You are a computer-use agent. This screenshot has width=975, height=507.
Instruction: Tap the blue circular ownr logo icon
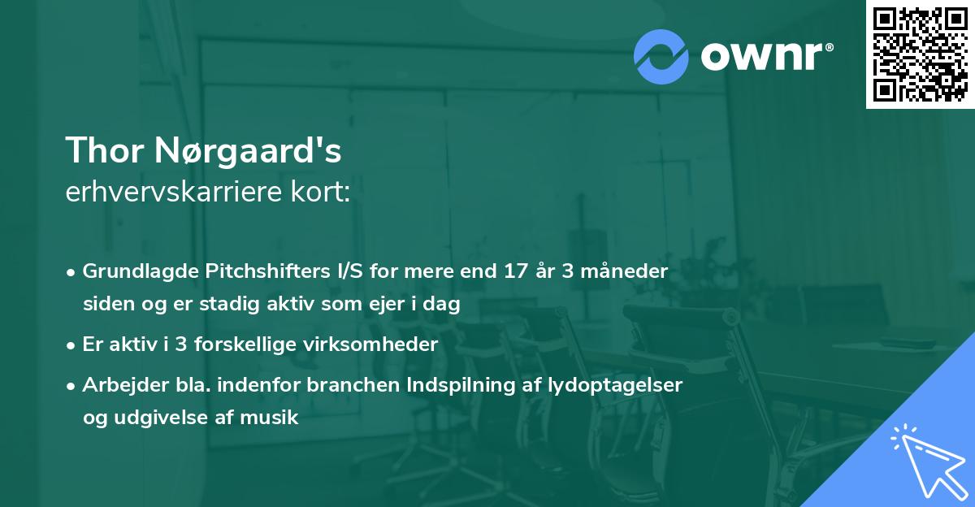[661, 56]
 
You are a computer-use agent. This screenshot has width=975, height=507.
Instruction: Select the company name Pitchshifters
[252, 271]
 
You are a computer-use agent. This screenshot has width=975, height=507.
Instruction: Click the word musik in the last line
[275, 418]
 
